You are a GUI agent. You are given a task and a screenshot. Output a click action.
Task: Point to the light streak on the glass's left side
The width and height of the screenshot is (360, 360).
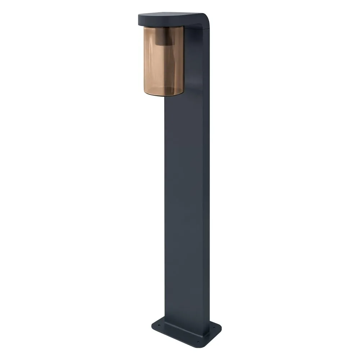coord(149,61)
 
